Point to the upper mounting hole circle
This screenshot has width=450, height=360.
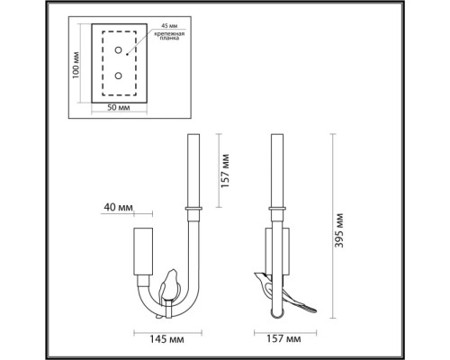(116, 54)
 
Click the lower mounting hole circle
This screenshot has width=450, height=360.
(116, 76)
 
